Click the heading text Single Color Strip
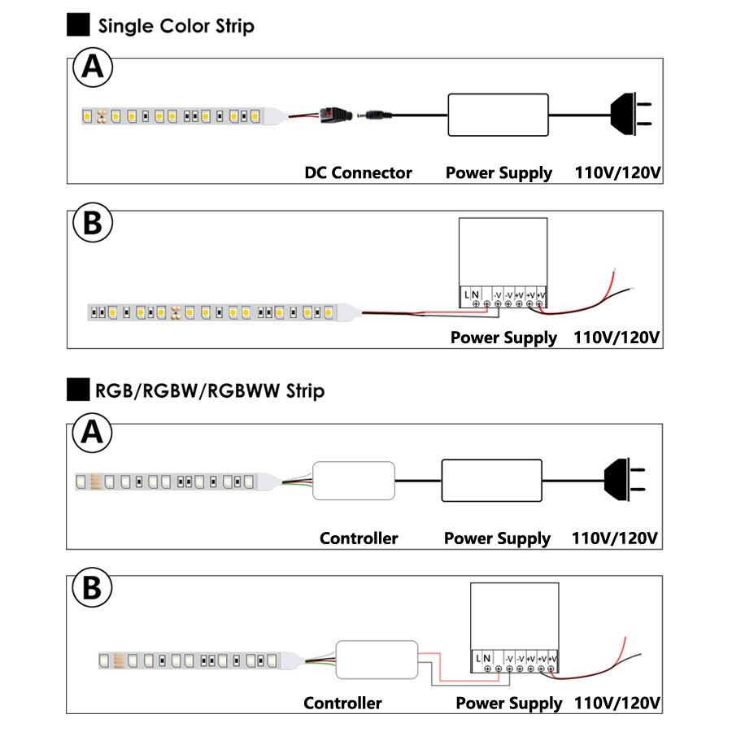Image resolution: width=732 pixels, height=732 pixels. [x=176, y=26]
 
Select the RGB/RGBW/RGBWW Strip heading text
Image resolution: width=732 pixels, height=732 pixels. [x=210, y=391]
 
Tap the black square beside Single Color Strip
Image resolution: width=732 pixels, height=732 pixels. [x=78, y=25]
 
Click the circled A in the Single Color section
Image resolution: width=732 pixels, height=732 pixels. [x=94, y=68]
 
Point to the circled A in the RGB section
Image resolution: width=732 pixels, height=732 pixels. [x=94, y=434]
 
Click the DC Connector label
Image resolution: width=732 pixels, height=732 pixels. [x=358, y=172]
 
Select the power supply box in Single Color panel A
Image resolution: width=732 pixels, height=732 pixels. [x=498, y=115]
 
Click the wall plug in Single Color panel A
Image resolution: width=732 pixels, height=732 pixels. [x=631, y=115]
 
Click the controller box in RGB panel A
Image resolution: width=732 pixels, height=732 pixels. [x=355, y=481]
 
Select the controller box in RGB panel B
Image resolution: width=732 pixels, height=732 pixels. [x=378, y=659]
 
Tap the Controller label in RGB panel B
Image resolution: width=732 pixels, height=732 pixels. [x=342, y=703]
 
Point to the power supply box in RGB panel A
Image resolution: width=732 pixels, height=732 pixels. [x=491, y=480]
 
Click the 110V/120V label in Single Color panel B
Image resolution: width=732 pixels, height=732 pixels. [x=617, y=337]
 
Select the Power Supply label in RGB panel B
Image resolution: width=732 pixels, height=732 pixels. [x=508, y=703]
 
